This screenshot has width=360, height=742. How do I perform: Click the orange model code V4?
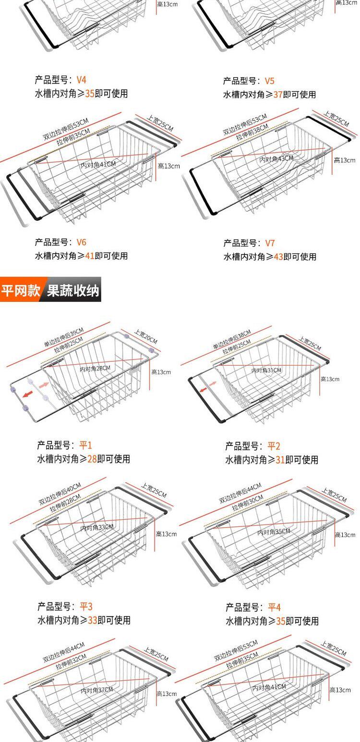tap(82, 80)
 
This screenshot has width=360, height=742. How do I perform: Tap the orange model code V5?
tap(270, 81)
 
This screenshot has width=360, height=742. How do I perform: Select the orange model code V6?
tap(82, 242)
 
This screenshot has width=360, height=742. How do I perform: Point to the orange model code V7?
tap(270, 243)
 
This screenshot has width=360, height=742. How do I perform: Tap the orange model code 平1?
tap(85, 445)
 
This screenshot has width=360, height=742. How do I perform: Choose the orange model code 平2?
tap(274, 446)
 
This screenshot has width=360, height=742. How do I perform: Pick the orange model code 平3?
tap(86, 607)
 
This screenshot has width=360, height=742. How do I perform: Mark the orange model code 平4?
tap(274, 607)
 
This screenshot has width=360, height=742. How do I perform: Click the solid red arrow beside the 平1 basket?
tap(28, 394)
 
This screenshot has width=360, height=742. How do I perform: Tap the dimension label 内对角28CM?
tap(95, 368)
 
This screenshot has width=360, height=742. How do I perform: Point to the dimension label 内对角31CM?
tap(266, 371)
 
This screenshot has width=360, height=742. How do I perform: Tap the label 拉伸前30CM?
tap(248, 503)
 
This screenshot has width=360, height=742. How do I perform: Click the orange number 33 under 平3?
tap(93, 620)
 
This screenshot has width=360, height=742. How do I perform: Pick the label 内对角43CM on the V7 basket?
tap(276, 159)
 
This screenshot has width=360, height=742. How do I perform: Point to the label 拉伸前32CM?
tap(71, 661)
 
